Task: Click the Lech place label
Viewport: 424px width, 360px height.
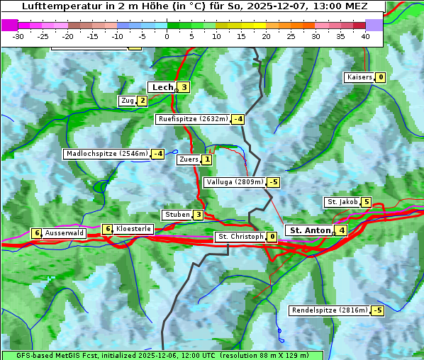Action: (162, 87)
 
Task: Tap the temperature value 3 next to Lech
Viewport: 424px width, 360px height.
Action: (184, 87)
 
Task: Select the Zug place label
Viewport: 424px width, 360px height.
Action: (128, 101)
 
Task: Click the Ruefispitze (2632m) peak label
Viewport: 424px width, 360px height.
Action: (193, 119)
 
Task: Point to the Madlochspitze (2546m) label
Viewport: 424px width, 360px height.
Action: (106, 154)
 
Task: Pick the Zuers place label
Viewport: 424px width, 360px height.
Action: (188, 159)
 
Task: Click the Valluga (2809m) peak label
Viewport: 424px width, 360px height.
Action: (235, 182)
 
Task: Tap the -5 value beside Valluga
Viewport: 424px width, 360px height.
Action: (274, 182)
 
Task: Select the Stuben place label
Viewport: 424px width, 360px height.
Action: (177, 215)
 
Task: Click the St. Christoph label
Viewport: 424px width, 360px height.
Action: (240, 237)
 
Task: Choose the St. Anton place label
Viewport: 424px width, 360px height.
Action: (311, 230)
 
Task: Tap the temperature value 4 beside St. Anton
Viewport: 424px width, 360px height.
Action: (342, 230)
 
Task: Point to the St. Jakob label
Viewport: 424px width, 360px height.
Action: (342, 202)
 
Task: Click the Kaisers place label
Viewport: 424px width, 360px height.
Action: (359, 77)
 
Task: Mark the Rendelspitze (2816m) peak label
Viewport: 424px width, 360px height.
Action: (330, 310)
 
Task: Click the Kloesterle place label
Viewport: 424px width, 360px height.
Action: (133, 229)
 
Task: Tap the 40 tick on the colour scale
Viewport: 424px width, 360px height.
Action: (365, 35)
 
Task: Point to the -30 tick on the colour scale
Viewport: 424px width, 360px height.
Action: (18, 35)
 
